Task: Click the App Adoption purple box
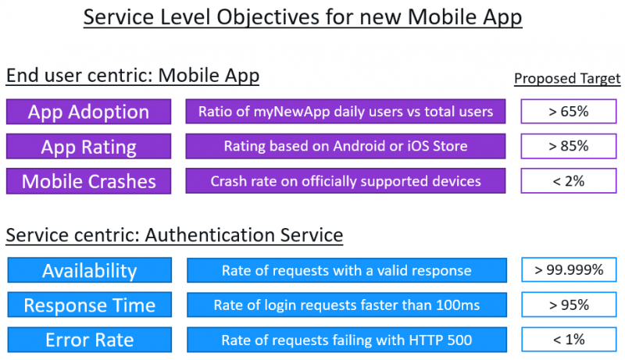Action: tap(88, 112)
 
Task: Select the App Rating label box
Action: tap(88, 146)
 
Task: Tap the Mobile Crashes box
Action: tap(88, 181)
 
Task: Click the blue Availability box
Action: tap(89, 270)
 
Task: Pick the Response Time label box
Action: tap(89, 305)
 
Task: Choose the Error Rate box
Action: tap(89, 340)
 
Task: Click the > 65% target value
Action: tap(568, 112)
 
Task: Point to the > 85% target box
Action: tap(568, 146)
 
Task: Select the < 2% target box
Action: tap(568, 181)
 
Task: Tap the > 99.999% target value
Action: tap(569, 270)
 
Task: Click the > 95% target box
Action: tap(569, 305)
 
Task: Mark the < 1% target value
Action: tap(569, 340)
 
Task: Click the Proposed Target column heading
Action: tap(567, 79)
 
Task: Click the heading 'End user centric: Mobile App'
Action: tap(133, 76)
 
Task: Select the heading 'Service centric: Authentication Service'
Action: tap(174, 233)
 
